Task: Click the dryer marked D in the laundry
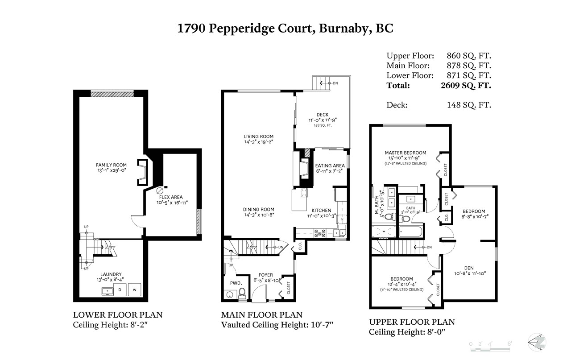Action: pyautogui.click(x=120, y=290)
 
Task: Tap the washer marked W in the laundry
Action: pyautogui.click(x=134, y=290)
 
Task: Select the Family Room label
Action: pyautogui.click(x=111, y=165)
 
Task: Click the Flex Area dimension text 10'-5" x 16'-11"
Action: pyautogui.click(x=172, y=203)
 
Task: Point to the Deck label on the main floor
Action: pyautogui.click(x=323, y=115)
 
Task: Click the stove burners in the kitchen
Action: pyautogui.click(x=320, y=233)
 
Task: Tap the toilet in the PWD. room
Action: pyautogui.click(x=242, y=294)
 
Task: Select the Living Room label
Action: pyautogui.click(x=258, y=137)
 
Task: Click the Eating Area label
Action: pyautogui.click(x=330, y=166)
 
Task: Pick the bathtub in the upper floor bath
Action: pyautogui.click(x=411, y=232)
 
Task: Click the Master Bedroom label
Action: pyautogui.click(x=405, y=153)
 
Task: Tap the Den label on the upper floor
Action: pyautogui.click(x=469, y=268)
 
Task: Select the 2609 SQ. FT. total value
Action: pyautogui.click(x=466, y=85)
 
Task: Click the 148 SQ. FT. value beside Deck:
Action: pyautogui.click(x=469, y=105)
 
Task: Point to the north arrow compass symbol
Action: pyautogui.click(x=537, y=342)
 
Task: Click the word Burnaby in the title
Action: pyautogui.click(x=343, y=29)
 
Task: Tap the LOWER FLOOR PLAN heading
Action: pyautogui.click(x=118, y=315)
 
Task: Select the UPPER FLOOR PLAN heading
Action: pyautogui.click(x=412, y=322)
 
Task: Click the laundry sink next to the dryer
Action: pyautogui.click(x=108, y=291)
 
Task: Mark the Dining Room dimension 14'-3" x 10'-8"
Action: pyautogui.click(x=259, y=215)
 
